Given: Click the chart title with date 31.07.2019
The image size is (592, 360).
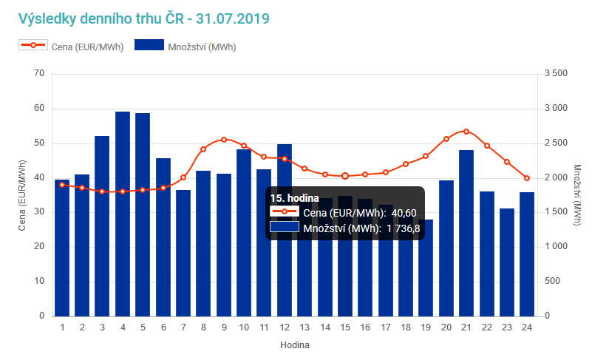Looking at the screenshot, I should click(144, 17).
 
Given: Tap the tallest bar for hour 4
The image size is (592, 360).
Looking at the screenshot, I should click(123, 214).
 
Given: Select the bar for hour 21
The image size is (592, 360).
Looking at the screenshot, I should click(466, 233).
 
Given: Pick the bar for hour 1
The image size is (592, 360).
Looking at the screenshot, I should click(62, 248).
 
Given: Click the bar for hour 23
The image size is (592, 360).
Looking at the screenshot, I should click(507, 262).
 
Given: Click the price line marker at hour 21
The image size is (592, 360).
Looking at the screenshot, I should click(466, 132).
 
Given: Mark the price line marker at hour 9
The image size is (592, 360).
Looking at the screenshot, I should click(224, 139).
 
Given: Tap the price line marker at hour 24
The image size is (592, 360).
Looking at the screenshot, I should click(527, 178).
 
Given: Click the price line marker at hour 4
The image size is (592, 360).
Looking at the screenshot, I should click(123, 191).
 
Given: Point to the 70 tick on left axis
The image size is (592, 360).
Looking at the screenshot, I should click(39, 73).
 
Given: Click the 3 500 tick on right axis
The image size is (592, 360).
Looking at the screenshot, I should click(555, 73).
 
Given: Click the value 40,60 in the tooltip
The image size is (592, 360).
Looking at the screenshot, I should click(403, 213).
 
